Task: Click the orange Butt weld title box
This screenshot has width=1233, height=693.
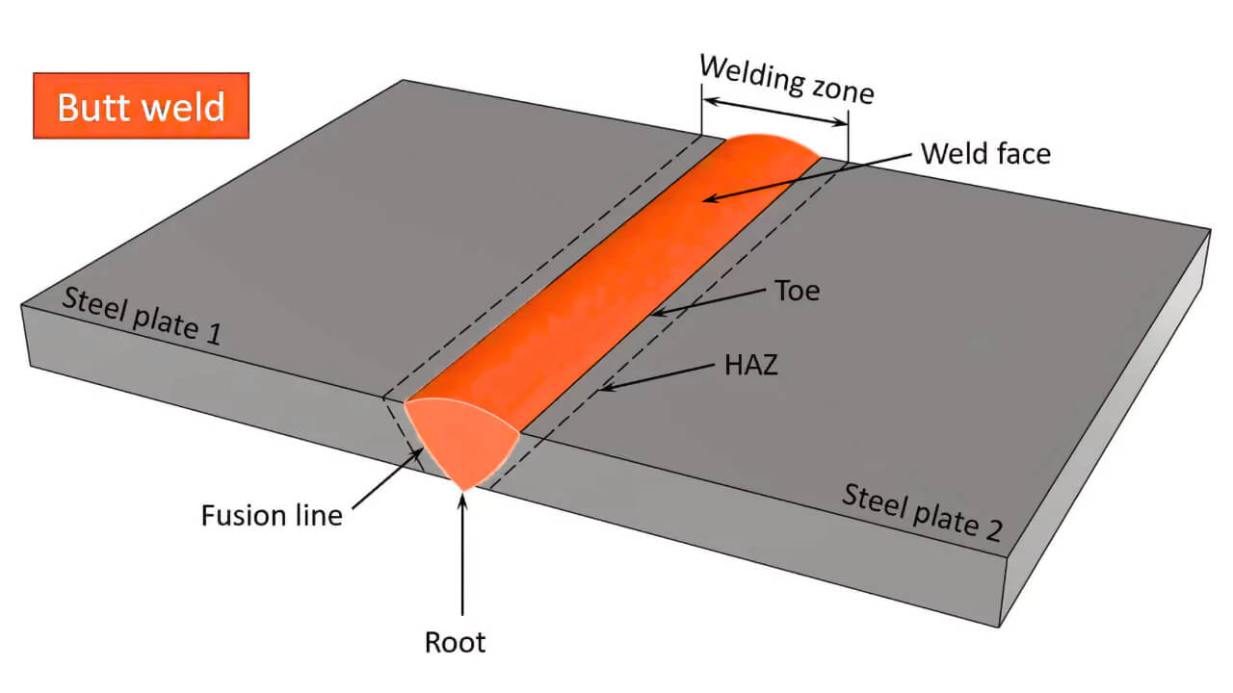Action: click(x=142, y=105)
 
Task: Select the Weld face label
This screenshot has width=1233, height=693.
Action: click(x=984, y=153)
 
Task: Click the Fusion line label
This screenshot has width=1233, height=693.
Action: click(x=272, y=516)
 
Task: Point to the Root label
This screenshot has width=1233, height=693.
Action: click(x=455, y=642)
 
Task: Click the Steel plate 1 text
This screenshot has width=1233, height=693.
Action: click(x=142, y=316)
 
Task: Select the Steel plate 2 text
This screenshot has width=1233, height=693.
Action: click(x=922, y=512)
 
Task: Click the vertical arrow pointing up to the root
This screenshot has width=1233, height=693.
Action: click(x=463, y=558)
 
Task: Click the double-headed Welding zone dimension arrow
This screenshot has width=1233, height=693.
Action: click(x=774, y=111)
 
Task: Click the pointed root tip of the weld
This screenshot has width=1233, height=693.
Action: click(x=464, y=488)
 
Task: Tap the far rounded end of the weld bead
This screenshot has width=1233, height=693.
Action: click(x=771, y=146)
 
